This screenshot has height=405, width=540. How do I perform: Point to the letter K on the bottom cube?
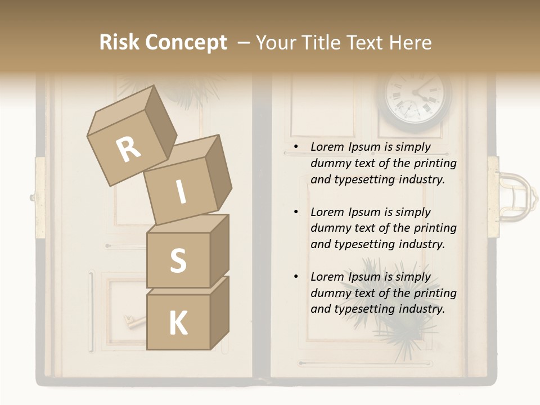pyautogui.click(x=178, y=323)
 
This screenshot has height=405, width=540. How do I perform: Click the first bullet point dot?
pyautogui.click(x=296, y=147)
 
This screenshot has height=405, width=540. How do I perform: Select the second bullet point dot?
pyautogui.click(x=296, y=213)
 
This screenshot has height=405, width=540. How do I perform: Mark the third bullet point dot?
pyautogui.click(x=296, y=277)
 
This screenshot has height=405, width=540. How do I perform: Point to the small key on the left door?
pyautogui.click(x=133, y=322)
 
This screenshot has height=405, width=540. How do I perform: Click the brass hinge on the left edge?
pyautogui.click(x=39, y=197)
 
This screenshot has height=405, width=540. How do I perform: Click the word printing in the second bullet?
pyautogui.click(x=435, y=228)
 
